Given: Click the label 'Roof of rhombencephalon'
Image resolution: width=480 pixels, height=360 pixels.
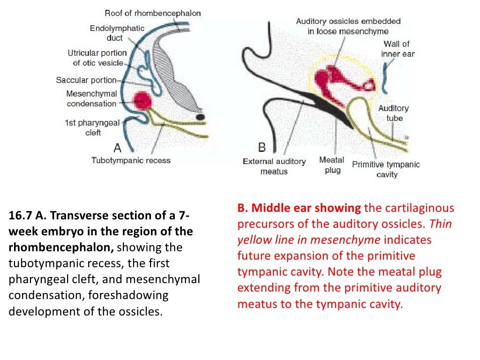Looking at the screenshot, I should [153, 13].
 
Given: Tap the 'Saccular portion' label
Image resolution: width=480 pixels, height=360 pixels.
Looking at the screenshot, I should [86, 80].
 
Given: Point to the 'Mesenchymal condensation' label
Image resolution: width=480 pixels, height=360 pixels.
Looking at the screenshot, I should [91, 99].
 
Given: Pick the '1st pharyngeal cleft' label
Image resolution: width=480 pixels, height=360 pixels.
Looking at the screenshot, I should [93, 128].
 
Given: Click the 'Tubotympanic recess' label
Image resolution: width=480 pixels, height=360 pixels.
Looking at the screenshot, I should [131, 160].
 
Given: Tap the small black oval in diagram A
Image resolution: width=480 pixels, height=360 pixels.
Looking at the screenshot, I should [200, 116].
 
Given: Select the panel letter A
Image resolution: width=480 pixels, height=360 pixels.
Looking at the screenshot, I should [117, 148].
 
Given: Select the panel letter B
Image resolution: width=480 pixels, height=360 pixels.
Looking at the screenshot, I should [262, 147].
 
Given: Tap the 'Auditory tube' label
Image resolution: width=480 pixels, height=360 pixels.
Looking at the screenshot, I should [394, 113].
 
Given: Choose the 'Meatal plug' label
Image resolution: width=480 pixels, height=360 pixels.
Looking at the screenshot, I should [331, 165].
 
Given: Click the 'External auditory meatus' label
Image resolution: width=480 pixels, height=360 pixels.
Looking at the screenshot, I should [274, 166].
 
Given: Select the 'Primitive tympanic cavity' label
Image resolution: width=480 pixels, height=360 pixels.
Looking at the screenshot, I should [386, 169].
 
